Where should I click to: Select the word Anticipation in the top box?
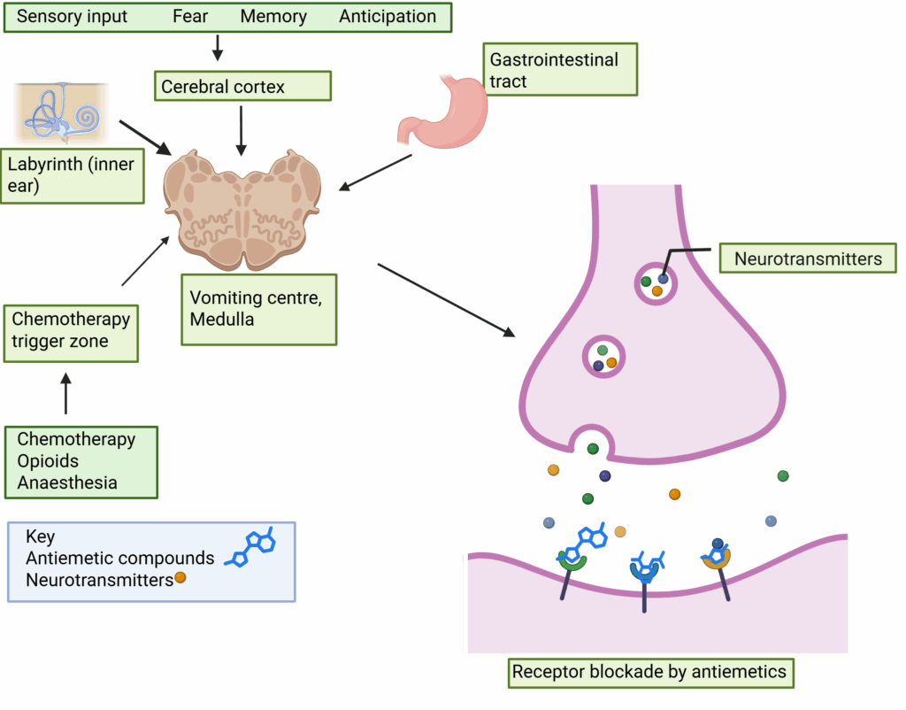coord(388,17)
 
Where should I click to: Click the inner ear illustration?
coord(61,114)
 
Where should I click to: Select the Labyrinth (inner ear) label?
coord(72,174)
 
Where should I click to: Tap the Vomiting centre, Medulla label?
coord(257,309)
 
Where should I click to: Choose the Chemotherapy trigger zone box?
coord(71,330)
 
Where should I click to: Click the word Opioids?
coord(48,461)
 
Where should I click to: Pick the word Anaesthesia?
coord(67,483)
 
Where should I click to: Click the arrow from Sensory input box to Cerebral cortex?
coord(218,47)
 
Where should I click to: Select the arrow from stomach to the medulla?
coord(377,172)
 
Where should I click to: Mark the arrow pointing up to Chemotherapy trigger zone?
coord(65,394)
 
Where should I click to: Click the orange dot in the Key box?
coord(180,578)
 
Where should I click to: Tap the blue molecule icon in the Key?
coord(252,548)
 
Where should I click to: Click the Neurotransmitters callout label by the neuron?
coord(809,259)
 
